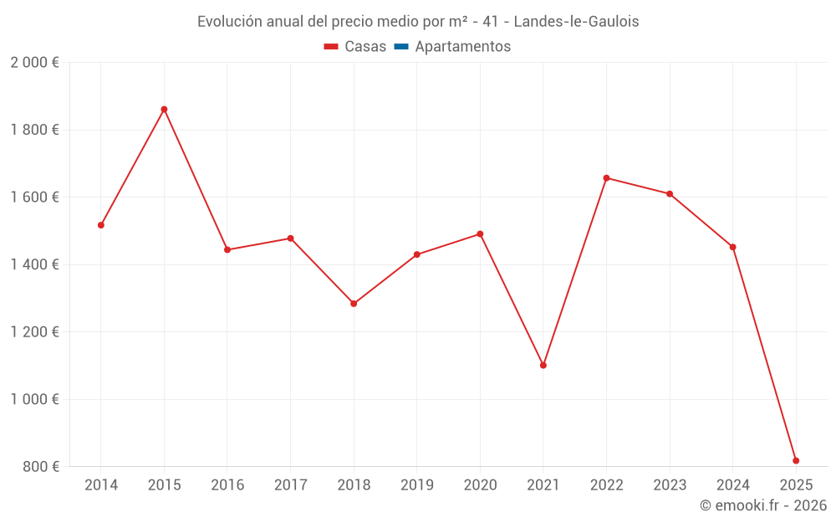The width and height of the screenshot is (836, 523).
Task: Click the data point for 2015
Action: click(x=164, y=110)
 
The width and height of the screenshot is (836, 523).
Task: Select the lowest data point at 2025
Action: click(x=796, y=460)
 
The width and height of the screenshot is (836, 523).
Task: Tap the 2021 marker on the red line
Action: click(x=543, y=365)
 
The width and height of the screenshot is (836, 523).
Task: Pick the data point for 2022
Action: click(x=606, y=178)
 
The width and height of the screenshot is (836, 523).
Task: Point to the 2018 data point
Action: click(x=354, y=304)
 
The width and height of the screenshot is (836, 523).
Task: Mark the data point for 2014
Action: click(x=101, y=225)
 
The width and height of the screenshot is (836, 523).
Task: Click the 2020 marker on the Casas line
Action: click(x=480, y=234)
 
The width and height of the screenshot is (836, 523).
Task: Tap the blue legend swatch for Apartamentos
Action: click(x=401, y=47)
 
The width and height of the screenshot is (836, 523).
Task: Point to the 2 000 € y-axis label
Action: click(x=35, y=63)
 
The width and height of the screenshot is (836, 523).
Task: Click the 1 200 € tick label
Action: click(x=35, y=332)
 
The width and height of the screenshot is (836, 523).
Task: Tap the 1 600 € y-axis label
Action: click(x=35, y=197)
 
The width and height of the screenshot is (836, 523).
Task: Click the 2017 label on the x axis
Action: click(x=290, y=485)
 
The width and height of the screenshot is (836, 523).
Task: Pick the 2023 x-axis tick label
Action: click(x=670, y=485)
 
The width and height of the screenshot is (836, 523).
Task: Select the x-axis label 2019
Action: click(x=417, y=485)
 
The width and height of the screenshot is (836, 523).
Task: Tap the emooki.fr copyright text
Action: click(x=763, y=505)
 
